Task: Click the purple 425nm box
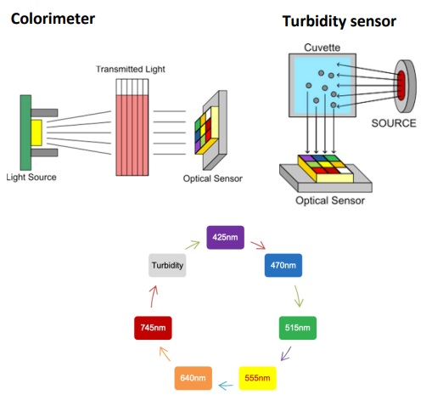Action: tap(225, 237)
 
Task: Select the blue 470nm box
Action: tap(283, 265)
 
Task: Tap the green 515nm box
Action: tap(298, 328)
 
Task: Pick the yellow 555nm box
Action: tap(257, 378)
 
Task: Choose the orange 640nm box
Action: tap(193, 378)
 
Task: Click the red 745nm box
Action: tap(153, 328)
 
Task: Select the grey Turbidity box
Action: tap(167, 265)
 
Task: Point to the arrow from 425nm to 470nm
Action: tap(258, 245)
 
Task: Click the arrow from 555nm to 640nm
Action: tap(226, 386)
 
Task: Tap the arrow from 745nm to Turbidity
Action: tap(153, 296)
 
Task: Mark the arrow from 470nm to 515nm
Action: tap(298, 296)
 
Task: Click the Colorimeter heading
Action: tap(53, 19)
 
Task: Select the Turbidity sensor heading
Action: tap(339, 21)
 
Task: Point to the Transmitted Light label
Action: tap(131, 69)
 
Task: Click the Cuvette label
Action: tap(322, 48)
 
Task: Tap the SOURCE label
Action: tap(394, 123)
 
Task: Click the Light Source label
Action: tap(31, 178)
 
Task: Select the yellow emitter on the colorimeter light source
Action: tap(36, 133)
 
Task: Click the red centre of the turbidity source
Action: tap(401, 85)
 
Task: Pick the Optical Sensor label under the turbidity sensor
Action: tap(330, 200)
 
